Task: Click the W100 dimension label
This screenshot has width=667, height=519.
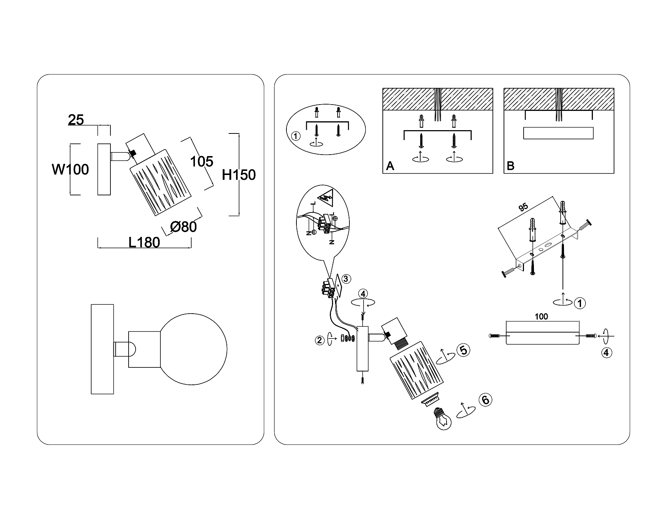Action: click(70, 170)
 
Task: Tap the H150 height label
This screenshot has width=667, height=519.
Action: click(239, 175)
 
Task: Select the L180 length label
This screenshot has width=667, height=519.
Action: click(144, 242)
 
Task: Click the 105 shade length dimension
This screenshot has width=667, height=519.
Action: click(202, 162)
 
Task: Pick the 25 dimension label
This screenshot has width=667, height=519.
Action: click(76, 120)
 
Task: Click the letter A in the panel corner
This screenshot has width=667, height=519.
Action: click(390, 166)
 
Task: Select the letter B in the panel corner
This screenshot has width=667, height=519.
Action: click(510, 166)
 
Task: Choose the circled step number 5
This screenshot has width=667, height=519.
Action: click(463, 350)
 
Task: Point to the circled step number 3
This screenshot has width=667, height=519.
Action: click(345, 278)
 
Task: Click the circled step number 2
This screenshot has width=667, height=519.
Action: click(319, 340)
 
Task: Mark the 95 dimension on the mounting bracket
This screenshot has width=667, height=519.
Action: click(523, 207)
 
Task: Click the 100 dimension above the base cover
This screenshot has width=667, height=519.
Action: click(541, 317)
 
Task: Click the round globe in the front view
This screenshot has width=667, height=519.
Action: click(194, 349)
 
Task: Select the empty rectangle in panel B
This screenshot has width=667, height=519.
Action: click(558, 133)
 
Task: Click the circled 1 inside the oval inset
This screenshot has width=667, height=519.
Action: click(296, 136)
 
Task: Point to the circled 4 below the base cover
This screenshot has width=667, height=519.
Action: click(606, 353)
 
